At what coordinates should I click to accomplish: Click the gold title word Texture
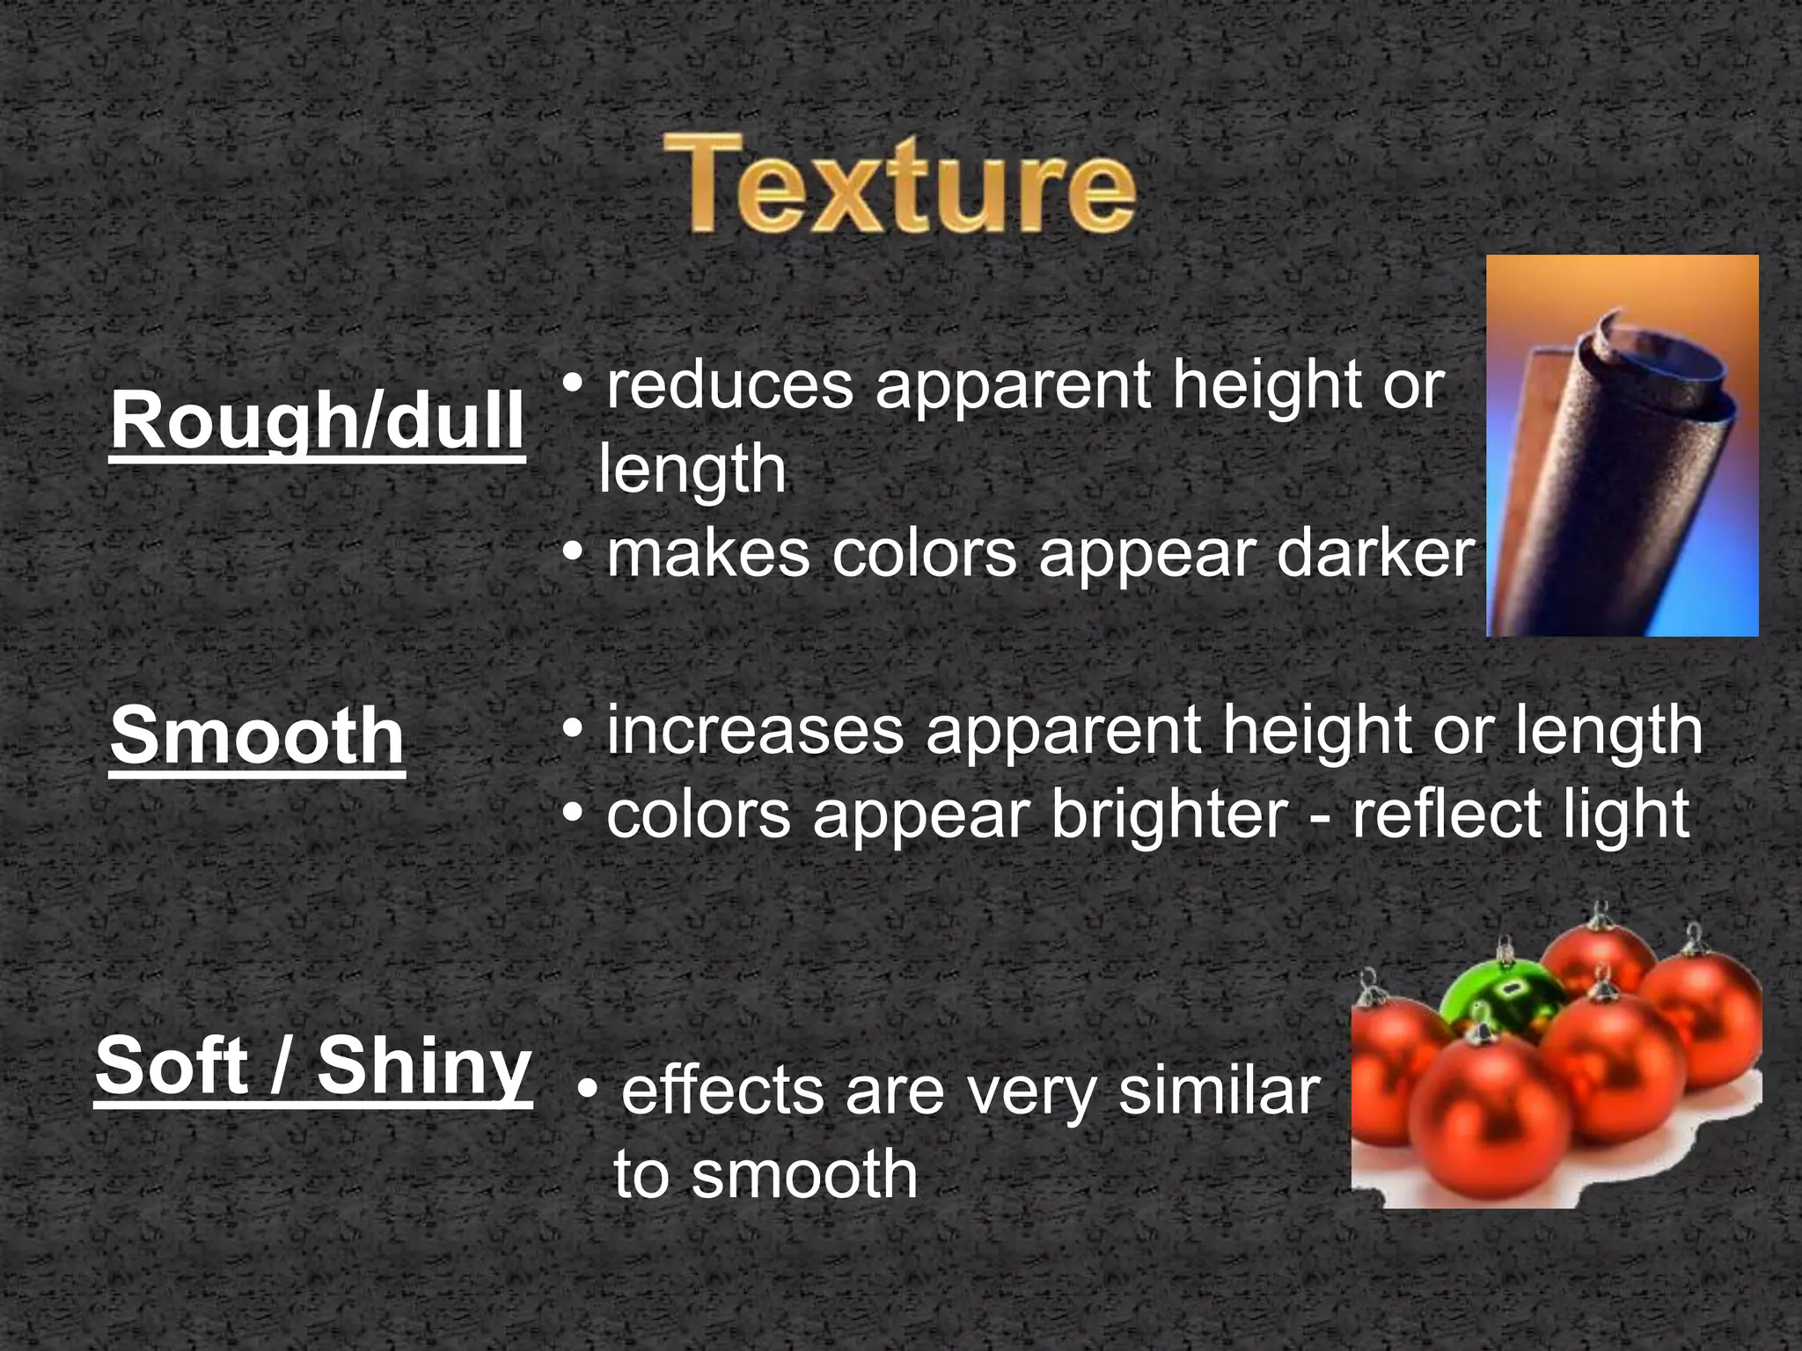[899, 185]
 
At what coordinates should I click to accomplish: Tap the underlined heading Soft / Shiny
[313, 1066]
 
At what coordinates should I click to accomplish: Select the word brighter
[1169, 814]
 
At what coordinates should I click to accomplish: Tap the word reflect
[1444, 814]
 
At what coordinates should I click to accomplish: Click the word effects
[722, 1091]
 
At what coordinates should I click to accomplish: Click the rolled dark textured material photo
[1622, 447]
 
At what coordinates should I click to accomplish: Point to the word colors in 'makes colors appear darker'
[924, 554]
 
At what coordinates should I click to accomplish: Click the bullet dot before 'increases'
[573, 730]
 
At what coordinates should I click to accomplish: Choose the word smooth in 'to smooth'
[804, 1174]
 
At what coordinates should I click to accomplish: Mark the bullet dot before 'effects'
[589, 1092]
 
